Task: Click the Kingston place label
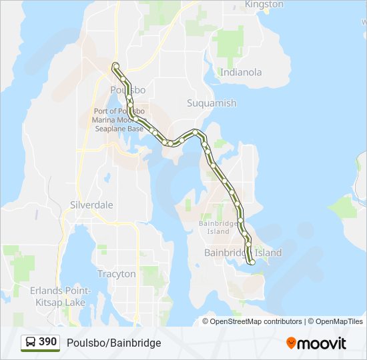point(264,5)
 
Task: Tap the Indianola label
point(241,72)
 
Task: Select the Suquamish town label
point(212,103)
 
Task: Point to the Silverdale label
point(91,205)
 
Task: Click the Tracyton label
point(116,274)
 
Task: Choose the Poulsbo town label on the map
point(128,90)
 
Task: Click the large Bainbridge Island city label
point(243,253)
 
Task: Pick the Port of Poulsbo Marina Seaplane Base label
point(119,119)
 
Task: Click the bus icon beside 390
point(31,342)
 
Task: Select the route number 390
point(48,342)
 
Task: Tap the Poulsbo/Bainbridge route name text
point(114,343)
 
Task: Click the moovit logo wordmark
point(323,343)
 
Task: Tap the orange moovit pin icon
point(292,343)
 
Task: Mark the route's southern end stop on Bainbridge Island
point(252,263)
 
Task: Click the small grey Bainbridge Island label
point(214,227)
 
